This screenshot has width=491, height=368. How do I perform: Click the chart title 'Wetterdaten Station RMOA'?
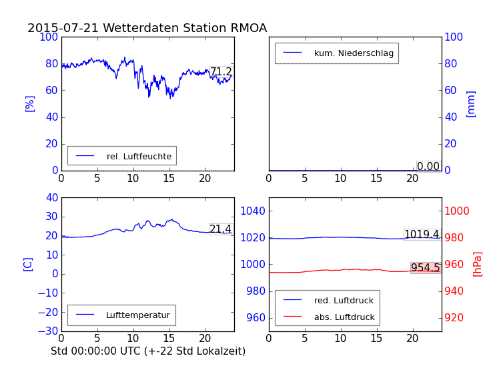click(147, 28)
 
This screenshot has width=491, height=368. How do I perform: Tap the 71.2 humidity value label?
click(221, 72)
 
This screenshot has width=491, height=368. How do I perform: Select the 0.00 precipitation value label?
click(428, 166)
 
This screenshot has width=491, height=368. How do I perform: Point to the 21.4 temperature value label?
click(220, 229)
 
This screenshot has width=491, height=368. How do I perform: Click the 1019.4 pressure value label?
click(422, 234)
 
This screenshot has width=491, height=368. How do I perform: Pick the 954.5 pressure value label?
click(425, 268)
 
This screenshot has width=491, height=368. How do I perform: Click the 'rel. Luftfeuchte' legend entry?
click(139, 156)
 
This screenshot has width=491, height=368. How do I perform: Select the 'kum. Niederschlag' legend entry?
click(356, 53)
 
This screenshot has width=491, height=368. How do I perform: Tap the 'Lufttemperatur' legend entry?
click(137, 315)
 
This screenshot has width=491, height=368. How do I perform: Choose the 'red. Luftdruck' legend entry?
click(344, 301)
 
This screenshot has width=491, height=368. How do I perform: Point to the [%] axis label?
click(29, 103)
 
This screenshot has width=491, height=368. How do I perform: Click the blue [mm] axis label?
click(471, 103)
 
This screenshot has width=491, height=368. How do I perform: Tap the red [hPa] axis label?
click(478, 264)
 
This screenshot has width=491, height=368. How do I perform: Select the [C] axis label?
click(28, 264)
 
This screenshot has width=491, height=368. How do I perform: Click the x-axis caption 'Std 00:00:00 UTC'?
click(148, 351)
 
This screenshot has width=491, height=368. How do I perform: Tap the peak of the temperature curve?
click(171, 219)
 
